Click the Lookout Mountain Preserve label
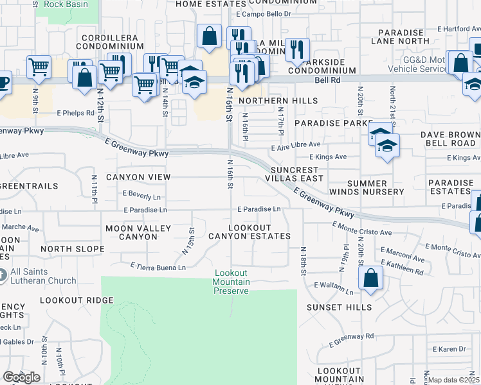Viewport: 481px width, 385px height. pyautogui.click(x=231, y=282)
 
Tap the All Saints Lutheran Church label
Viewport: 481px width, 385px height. pyautogui.click(x=43, y=276)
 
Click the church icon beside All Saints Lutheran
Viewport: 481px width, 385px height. pyautogui.click(x=2, y=276)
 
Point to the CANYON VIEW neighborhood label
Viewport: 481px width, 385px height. pyautogui.click(x=138, y=177)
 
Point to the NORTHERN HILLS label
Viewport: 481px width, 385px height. pyautogui.click(x=278, y=101)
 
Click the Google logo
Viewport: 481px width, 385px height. pyautogui.click(x=21, y=377)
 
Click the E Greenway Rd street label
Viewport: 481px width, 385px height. pyautogui.click(x=352, y=336)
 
